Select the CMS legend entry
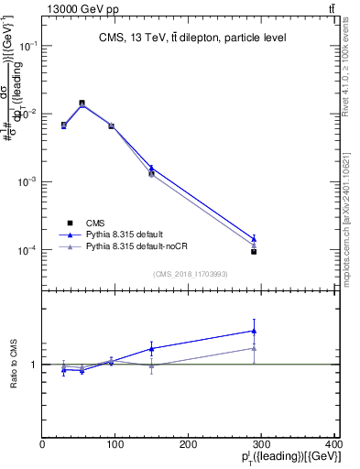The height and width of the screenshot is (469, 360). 95,223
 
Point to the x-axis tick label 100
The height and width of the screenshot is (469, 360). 115,444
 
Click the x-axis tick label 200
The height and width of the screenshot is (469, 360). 189,444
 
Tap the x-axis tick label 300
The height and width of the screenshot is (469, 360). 262,444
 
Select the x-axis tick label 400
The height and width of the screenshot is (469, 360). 333,444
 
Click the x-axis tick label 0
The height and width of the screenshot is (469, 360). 43,444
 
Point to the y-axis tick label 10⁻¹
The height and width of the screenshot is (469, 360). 29,45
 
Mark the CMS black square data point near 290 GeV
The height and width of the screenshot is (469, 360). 254,251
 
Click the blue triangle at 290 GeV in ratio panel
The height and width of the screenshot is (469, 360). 254,331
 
